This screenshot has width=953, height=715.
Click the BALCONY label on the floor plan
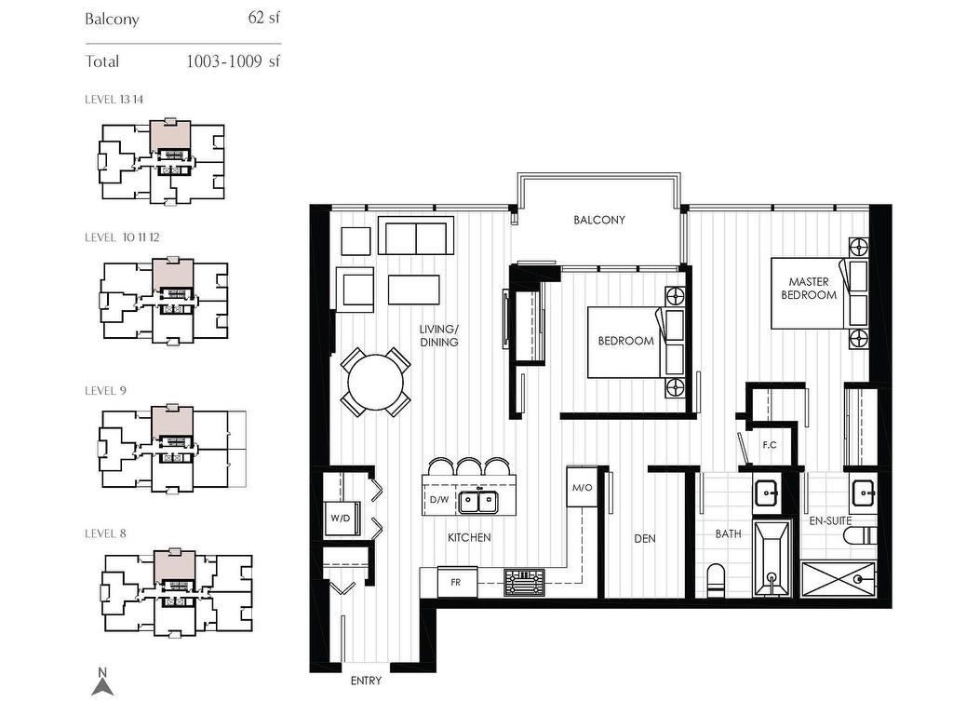[x=598, y=220]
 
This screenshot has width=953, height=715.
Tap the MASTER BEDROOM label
[x=809, y=289]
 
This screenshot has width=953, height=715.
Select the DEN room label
[x=645, y=538]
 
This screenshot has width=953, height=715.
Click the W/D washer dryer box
[x=341, y=518]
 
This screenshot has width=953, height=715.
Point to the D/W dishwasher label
[x=439, y=500]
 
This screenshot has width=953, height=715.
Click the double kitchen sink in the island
[x=478, y=502]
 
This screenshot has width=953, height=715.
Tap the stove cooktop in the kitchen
[x=525, y=583]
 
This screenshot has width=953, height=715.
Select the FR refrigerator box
[x=457, y=582]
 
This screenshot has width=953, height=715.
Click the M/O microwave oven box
[x=582, y=487]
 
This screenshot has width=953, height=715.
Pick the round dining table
[x=376, y=383]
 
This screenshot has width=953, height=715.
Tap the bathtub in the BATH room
[x=772, y=559]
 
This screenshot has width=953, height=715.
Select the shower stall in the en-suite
[x=839, y=579]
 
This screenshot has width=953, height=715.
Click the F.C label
[x=770, y=445]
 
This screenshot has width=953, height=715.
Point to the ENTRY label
[x=366, y=681]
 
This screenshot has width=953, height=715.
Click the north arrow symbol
[x=102, y=682]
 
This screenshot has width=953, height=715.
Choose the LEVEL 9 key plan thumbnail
[x=172, y=448]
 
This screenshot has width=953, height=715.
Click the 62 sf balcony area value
[x=263, y=17]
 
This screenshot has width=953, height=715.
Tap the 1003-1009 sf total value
[x=234, y=61]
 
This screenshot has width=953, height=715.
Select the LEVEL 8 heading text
[x=106, y=533]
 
